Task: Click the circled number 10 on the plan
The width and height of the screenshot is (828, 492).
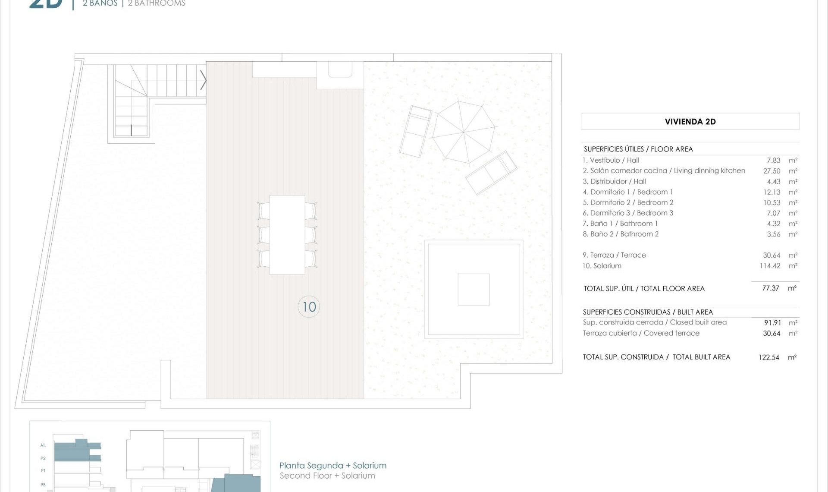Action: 309,306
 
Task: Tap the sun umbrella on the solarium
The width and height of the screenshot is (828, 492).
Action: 464,132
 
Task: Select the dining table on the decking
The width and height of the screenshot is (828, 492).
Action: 287,235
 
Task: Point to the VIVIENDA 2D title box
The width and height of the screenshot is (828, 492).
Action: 690,122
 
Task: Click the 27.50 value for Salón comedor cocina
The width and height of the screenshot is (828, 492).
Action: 772,171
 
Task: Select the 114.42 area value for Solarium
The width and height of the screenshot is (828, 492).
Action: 770,266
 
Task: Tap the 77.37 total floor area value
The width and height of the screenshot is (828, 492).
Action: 771,288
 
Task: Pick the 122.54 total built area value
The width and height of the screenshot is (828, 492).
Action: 769,357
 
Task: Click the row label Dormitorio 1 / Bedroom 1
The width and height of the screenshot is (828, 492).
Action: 627,192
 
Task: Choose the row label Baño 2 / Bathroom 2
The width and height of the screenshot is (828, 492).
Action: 621,234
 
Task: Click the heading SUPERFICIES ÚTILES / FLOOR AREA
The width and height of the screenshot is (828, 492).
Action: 638,149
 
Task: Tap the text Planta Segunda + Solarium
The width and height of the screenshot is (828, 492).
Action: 333,466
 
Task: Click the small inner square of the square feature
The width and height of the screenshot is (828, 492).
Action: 474,290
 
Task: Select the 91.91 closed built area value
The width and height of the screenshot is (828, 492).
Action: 772,323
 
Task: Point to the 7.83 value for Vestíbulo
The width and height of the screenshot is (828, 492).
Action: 774,161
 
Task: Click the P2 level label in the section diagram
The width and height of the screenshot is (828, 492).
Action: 43,458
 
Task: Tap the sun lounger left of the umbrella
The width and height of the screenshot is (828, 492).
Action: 415,131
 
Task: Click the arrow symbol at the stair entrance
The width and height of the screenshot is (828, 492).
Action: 203,80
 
